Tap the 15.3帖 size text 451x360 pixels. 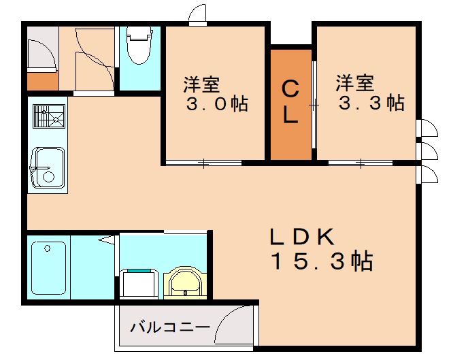pyautogui.click(x=321, y=261)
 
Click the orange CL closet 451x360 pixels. pyautogui.click(x=291, y=103)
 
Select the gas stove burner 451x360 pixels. pyautogui.click(x=48, y=117)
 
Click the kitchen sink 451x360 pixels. pyautogui.click(x=48, y=168)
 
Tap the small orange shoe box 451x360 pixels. pyautogui.click(x=42, y=81)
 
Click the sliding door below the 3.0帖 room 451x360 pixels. pyautogui.click(x=204, y=163)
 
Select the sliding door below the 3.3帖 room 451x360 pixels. pyautogui.click(x=360, y=163)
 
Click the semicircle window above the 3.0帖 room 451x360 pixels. pyautogui.click(x=197, y=14)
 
